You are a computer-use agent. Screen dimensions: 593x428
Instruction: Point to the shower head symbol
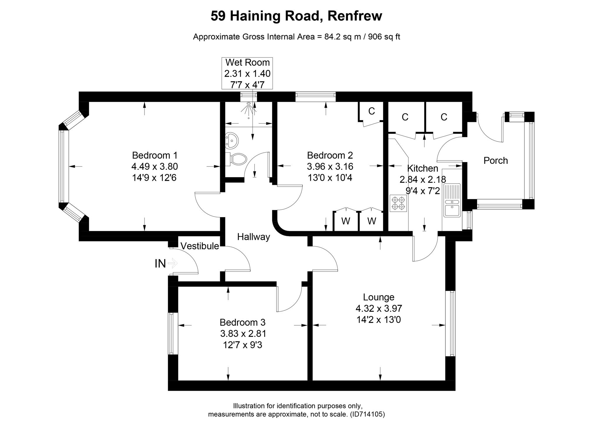tap(248, 109)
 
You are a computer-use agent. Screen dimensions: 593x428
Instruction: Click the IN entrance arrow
tap(173, 263)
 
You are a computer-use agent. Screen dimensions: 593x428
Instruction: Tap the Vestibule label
tap(200, 246)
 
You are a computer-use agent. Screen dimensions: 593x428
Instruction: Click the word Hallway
tap(253, 237)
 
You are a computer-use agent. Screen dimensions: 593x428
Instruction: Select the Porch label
tap(495, 160)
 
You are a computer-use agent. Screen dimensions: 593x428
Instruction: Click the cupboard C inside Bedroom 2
tap(371, 111)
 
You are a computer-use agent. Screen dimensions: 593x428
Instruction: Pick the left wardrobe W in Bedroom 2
tap(346, 221)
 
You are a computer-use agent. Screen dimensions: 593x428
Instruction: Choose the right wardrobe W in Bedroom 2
tap(371, 221)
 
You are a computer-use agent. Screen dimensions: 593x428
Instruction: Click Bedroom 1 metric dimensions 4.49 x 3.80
tap(155, 166)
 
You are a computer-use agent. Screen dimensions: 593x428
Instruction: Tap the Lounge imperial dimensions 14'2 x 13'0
tap(379, 320)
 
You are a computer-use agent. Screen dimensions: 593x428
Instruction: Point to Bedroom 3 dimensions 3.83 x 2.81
tap(243, 334)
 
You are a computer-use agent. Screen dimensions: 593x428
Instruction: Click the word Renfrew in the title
tap(355, 16)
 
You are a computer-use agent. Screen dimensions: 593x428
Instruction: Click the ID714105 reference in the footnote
tap(367, 414)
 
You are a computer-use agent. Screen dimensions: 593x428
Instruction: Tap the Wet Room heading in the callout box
tap(247, 62)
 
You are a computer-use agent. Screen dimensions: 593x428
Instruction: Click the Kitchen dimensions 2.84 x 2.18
tap(423, 179)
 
